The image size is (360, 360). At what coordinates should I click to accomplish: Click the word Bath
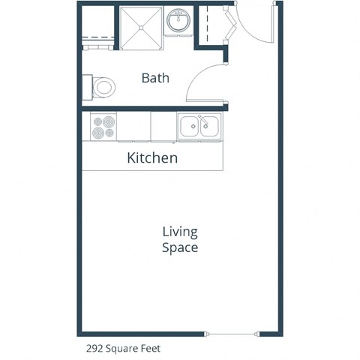155,77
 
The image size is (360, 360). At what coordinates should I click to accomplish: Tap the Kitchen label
152,157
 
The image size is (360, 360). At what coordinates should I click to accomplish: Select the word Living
180,232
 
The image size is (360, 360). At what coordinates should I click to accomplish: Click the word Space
180,247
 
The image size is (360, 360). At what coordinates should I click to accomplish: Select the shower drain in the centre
141,27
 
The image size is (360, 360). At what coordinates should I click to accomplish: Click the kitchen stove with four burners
103,127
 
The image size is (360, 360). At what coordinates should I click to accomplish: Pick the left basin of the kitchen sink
190,126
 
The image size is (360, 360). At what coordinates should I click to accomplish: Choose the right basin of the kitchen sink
209,126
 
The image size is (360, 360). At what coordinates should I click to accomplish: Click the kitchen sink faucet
199,120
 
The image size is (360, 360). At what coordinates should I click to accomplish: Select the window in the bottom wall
233,332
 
